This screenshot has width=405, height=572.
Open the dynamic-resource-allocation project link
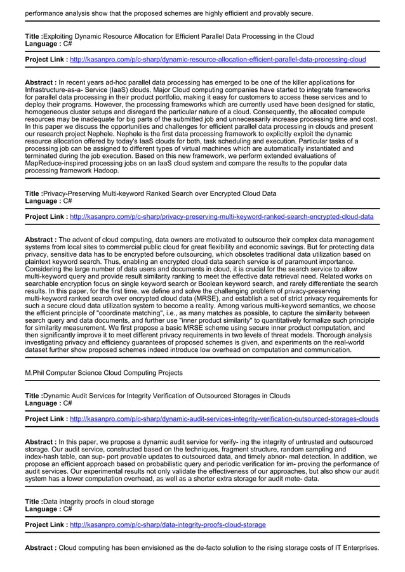coord(218,60)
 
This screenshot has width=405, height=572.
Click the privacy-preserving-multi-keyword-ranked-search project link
coord(222,217)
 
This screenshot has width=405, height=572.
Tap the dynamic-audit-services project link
coord(224,419)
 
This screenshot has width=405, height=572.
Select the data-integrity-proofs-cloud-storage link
coord(168,525)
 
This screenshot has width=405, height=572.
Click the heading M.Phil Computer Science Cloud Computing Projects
coord(103,373)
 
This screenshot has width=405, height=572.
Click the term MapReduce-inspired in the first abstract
coord(55,163)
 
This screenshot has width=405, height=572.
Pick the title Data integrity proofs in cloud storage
coord(98,502)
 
